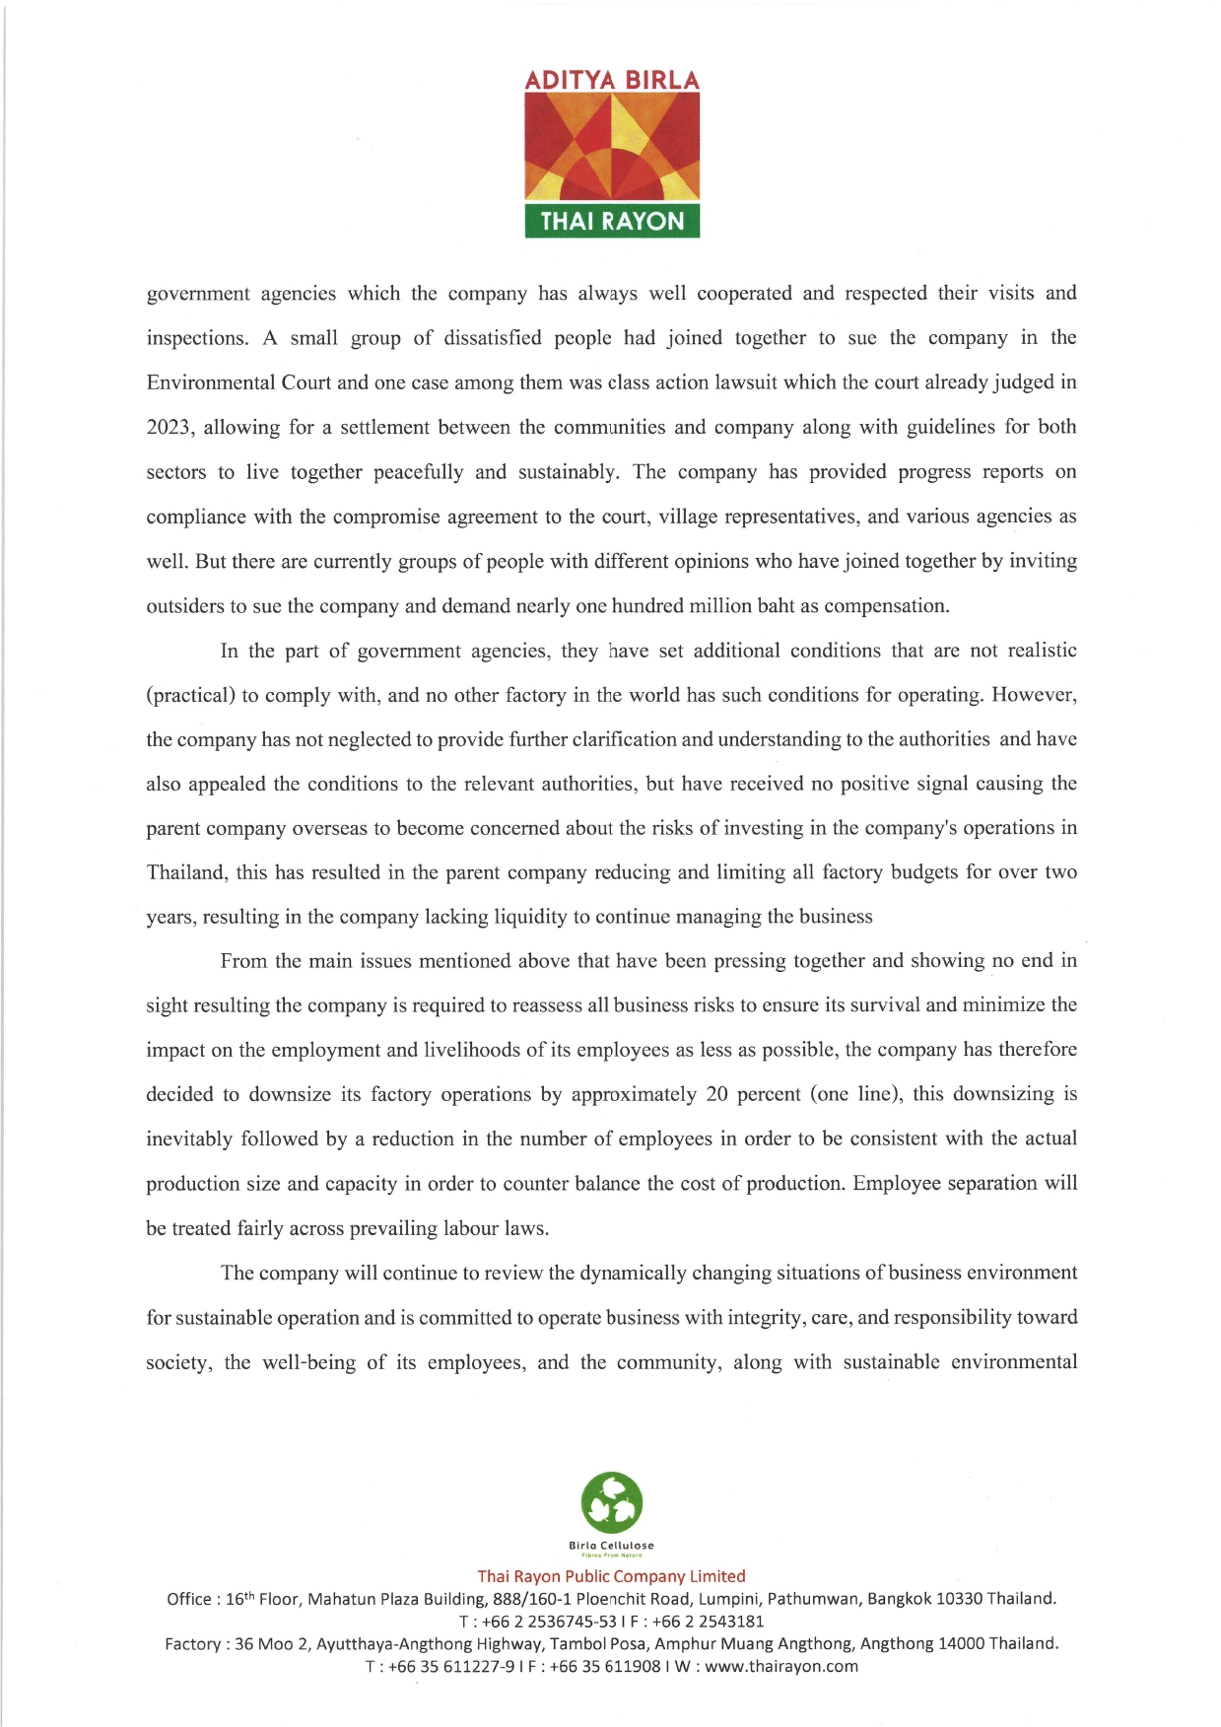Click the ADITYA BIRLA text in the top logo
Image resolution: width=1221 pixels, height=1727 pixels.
(x=612, y=80)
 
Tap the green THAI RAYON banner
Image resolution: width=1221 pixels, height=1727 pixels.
(x=612, y=221)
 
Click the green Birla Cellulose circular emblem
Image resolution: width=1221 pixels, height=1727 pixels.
(x=612, y=1504)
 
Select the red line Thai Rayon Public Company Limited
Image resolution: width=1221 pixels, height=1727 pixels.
(x=611, y=1576)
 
